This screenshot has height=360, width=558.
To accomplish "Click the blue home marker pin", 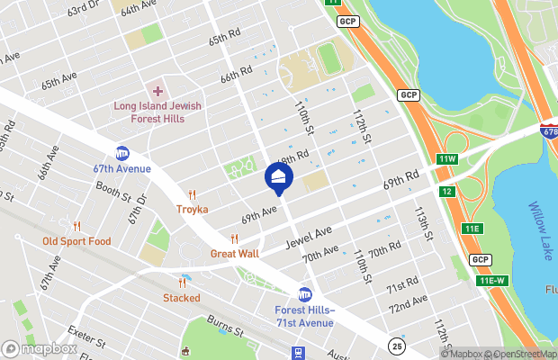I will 279,176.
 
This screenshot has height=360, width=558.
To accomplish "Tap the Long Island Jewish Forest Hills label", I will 157,112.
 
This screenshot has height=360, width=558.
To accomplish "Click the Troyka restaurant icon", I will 192,194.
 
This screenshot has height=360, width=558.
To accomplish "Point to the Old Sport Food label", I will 76,241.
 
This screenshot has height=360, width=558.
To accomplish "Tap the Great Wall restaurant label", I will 235,254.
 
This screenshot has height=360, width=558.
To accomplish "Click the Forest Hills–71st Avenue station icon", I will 305,294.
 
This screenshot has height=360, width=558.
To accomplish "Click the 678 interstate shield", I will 548,131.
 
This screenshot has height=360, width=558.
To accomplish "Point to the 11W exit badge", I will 448,159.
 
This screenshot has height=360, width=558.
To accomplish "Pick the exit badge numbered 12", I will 447,192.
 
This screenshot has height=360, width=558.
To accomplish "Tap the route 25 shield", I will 397,345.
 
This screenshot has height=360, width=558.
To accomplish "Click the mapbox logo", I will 39,348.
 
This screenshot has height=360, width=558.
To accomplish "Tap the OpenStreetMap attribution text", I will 521,354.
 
